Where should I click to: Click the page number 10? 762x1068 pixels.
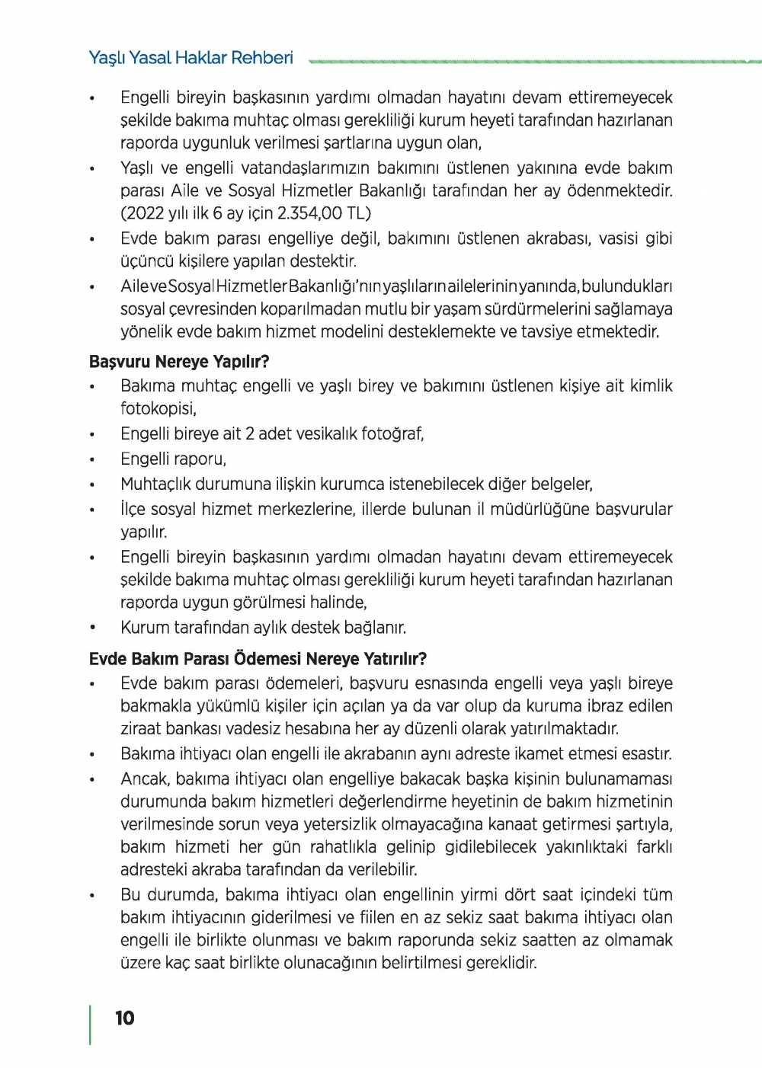coord(125,1018)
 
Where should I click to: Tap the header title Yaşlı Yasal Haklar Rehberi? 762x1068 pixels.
coord(190,58)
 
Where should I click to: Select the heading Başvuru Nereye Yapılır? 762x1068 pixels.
coord(179,361)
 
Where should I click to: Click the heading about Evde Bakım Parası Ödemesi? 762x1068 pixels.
coord(258,658)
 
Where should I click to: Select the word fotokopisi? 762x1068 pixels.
coord(158,409)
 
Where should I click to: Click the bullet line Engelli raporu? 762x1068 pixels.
coord(173,459)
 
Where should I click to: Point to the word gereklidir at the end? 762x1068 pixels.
coord(500,963)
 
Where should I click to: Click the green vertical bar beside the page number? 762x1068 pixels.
coord(91,1025)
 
